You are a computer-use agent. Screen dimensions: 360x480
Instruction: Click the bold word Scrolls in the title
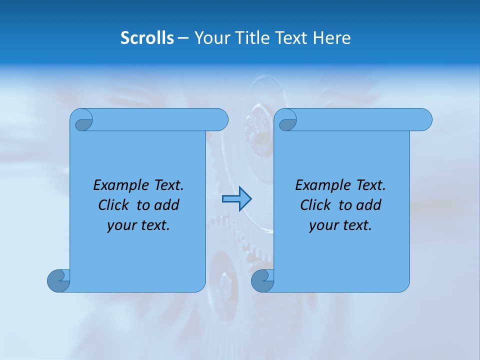147,38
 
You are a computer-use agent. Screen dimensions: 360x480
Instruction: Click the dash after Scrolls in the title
183,38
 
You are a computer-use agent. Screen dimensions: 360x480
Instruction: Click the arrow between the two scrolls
236,199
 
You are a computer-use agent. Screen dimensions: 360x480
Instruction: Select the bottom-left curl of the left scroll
58,280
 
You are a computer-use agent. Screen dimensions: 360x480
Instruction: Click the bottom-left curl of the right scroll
262,280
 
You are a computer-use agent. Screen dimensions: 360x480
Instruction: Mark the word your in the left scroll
120,225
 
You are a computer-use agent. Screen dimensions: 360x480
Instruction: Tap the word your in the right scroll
322,225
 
